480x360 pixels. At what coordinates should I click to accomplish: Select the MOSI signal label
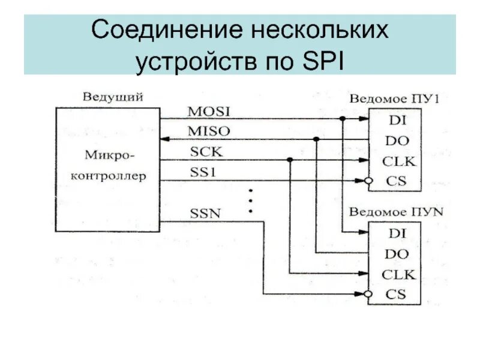tap(209, 112)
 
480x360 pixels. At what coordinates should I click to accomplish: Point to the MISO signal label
tap(209, 131)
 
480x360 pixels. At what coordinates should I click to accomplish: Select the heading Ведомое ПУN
tap(395, 211)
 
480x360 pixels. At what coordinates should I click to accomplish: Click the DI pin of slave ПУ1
tap(397, 119)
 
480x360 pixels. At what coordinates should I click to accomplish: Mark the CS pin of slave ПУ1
tap(396, 180)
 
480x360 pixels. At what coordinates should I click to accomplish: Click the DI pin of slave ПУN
tap(397, 233)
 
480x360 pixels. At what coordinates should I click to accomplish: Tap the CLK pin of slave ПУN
tap(398, 274)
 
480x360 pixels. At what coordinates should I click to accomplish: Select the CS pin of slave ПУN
tap(396, 294)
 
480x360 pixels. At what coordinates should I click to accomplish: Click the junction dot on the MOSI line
tap(342, 119)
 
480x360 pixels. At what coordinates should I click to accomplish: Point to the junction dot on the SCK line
tap(290, 160)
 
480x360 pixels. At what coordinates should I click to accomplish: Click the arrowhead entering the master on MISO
tap(165, 139)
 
